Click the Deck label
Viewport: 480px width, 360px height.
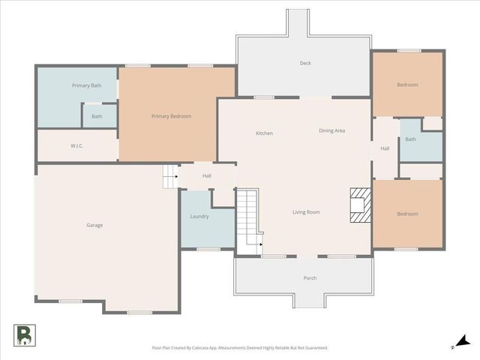[x=305, y=63]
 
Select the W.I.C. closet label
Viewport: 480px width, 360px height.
[x=76, y=145]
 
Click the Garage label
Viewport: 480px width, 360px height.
[x=94, y=225]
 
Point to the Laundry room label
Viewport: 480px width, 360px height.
[x=199, y=217]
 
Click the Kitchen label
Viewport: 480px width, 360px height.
[x=264, y=133]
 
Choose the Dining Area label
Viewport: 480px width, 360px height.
[x=331, y=130]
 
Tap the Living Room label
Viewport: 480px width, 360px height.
[x=306, y=212]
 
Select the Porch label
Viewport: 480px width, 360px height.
[x=310, y=278]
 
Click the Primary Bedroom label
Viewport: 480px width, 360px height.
[x=171, y=116]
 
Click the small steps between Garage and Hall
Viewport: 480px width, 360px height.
[x=170, y=176]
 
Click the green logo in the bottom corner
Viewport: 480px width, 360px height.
[x=23, y=335]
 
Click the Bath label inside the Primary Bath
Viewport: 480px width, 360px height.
[x=97, y=116]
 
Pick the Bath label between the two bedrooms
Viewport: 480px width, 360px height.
[x=410, y=139]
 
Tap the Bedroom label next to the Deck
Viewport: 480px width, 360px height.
[x=407, y=85]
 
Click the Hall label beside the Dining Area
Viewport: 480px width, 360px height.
[x=385, y=148]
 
